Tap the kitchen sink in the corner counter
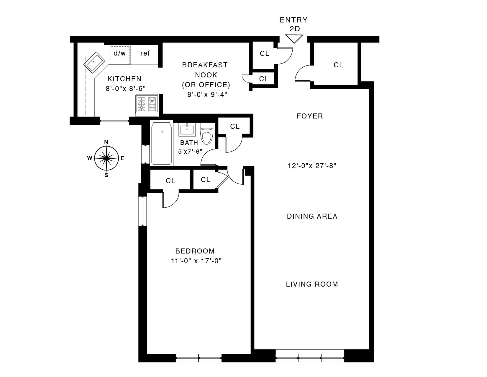pos(94,63)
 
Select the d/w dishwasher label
pos(119,53)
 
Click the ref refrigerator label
pos(145,53)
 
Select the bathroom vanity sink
pos(187,130)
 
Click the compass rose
pos(106,158)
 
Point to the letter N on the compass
pos(106,142)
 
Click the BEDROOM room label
pos(195,251)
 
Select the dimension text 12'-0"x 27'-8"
pos(312,166)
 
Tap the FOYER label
pos(310,116)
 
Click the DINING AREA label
pos(312,216)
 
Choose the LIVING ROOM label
pos(312,284)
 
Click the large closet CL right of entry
pos(338,65)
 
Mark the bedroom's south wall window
pos(199,358)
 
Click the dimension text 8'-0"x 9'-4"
pos(207,95)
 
